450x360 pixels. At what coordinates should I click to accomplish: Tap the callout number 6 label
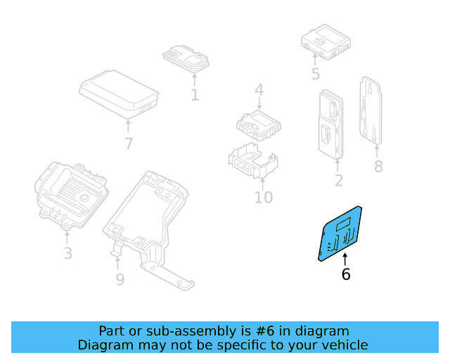pyautogui.click(x=345, y=274)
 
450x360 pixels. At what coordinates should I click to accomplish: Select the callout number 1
pyautogui.click(x=194, y=94)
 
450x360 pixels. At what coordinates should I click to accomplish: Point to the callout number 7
pyautogui.click(x=128, y=144)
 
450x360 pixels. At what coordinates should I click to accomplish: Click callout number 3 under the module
pyautogui.click(x=67, y=253)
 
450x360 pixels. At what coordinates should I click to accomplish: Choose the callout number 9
pyautogui.click(x=120, y=279)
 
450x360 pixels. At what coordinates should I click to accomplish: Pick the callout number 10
pyautogui.click(x=263, y=197)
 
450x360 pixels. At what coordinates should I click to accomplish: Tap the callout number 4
pyautogui.click(x=259, y=90)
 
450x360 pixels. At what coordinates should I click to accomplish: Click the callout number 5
pyautogui.click(x=315, y=74)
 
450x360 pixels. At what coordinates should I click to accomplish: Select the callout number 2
pyautogui.click(x=338, y=181)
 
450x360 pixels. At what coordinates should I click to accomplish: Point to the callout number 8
pyautogui.click(x=378, y=167)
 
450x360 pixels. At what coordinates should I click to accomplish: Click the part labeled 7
pyautogui.click(x=118, y=93)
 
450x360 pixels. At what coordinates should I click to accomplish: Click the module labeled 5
pyautogui.click(x=323, y=40)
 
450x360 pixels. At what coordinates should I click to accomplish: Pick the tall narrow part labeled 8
pyautogui.click(x=371, y=111)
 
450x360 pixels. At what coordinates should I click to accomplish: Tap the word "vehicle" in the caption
pyautogui.click(x=342, y=345)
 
